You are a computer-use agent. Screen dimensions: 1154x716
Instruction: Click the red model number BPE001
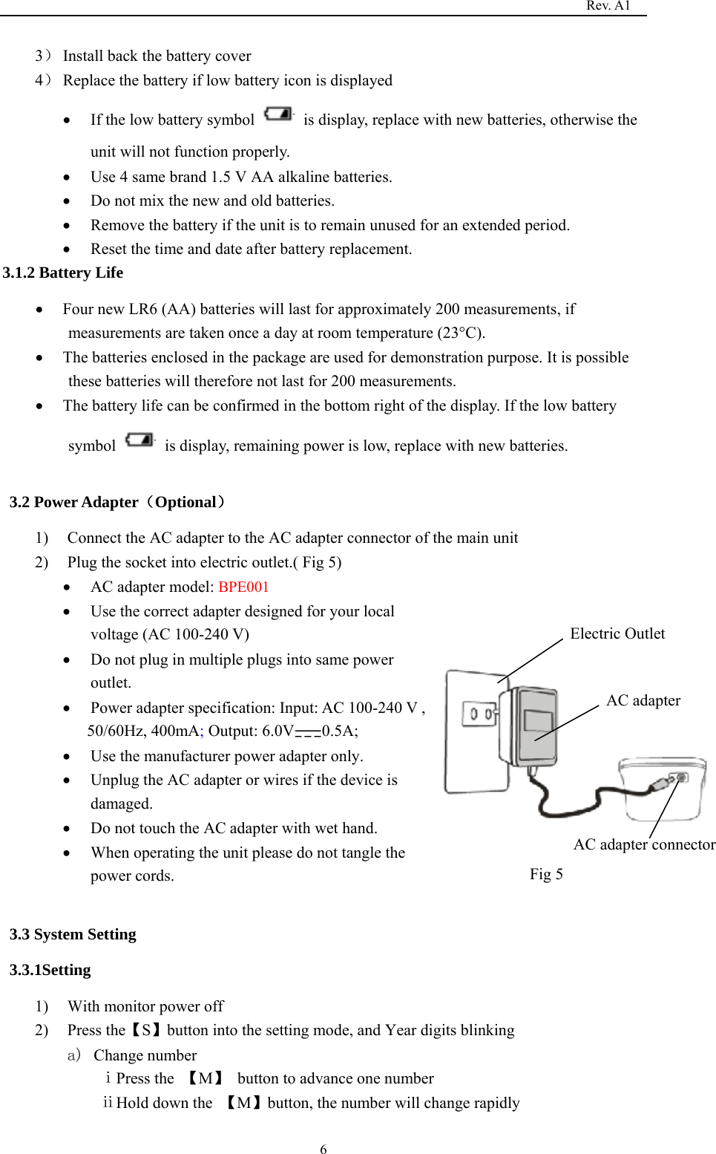243,587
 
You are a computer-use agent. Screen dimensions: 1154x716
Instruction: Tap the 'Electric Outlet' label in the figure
617,633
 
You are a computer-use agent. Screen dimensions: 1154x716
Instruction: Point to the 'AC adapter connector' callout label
643,844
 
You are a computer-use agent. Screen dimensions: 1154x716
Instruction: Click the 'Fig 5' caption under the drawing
546,874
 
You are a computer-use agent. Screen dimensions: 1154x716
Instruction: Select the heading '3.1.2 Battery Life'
63,273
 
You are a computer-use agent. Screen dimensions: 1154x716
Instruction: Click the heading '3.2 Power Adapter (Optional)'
117,502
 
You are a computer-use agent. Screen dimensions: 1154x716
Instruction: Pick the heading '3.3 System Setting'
73,934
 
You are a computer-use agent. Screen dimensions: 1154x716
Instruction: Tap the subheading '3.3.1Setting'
50,970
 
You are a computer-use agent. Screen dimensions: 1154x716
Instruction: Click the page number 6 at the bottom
323,1149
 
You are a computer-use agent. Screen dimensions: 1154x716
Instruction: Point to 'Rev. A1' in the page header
608,6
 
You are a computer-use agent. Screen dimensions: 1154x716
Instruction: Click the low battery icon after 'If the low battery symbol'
278,114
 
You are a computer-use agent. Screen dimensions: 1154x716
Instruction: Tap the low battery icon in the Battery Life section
139,440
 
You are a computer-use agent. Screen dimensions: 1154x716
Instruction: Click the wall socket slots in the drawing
479,714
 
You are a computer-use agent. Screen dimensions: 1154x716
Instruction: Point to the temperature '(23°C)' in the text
460,333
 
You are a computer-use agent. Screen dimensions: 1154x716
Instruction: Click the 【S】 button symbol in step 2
146,1031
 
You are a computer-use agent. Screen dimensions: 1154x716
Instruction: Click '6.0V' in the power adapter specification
277,731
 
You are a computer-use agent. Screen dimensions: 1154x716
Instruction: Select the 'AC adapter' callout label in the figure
643,701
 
